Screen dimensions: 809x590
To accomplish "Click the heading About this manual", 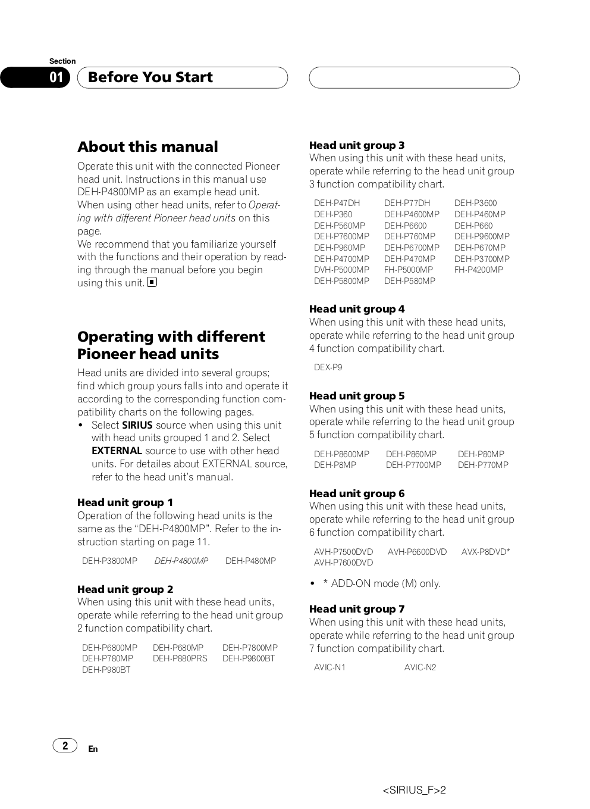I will pyautogui.click(x=147, y=147).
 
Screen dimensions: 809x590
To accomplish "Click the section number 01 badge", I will pyautogui.click(x=57, y=77).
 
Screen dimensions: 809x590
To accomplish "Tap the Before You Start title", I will pyautogui.click(x=150, y=77).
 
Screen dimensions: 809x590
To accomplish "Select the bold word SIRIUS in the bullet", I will pyautogui.click(x=137, y=425).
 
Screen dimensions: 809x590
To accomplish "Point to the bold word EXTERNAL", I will pyautogui.click(x=117, y=451).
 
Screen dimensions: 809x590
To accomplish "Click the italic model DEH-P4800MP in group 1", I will pyautogui.click(x=181, y=561).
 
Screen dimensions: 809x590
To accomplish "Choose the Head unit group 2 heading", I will pyautogui.click(x=125, y=589).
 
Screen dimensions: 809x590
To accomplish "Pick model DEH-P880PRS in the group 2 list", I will pyautogui.click(x=180, y=658).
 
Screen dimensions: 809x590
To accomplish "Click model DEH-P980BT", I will pyautogui.click(x=106, y=670).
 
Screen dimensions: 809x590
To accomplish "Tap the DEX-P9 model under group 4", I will pyautogui.click(x=328, y=367).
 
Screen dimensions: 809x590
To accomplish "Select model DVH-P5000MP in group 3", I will pyautogui.click(x=341, y=270).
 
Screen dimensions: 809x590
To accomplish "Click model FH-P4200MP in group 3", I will pyautogui.click(x=478, y=270).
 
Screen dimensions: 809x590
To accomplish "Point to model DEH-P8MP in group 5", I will pyautogui.click(x=335, y=465).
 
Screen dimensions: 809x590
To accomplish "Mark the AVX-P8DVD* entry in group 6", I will pyautogui.click(x=485, y=552).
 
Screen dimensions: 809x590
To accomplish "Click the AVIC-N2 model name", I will pyautogui.click(x=420, y=667).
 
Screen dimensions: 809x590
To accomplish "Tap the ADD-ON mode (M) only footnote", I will pyautogui.click(x=381, y=583).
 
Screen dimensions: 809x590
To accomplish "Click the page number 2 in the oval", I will pyautogui.click(x=65, y=745).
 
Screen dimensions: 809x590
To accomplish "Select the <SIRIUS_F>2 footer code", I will pyautogui.click(x=414, y=791).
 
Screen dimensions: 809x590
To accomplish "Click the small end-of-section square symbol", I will pyautogui.click(x=152, y=282).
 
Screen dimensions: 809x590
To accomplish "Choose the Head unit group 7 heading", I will pyautogui.click(x=357, y=609).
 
